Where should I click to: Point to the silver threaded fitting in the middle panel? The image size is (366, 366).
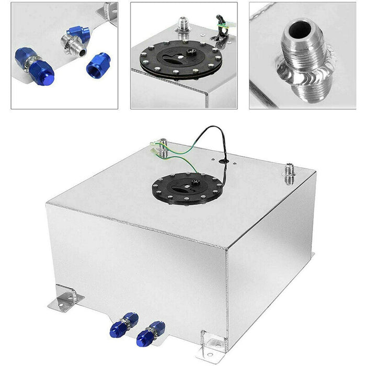[184, 26]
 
